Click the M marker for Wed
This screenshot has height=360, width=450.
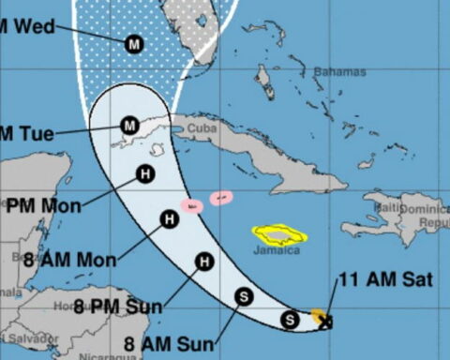[x=134, y=42]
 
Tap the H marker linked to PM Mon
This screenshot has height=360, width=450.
[x=145, y=172]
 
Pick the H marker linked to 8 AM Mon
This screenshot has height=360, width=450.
[x=169, y=220]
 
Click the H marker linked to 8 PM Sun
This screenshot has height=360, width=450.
[x=204, y=262]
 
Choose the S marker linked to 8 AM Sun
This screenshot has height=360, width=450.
[x=244, y=296]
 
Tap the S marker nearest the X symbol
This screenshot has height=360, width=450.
[x=291, y=320]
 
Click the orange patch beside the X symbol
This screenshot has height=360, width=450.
[x=319, y=315]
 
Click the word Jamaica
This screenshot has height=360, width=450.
[x=276, y=250]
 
